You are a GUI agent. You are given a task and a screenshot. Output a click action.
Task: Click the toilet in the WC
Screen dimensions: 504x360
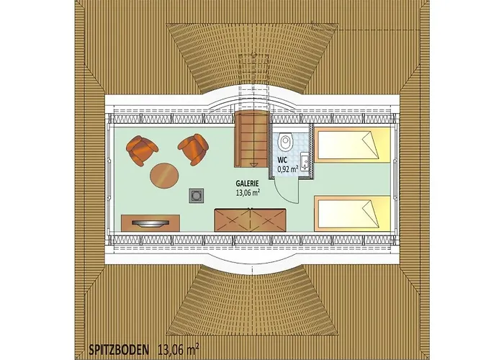(x=285, y=140)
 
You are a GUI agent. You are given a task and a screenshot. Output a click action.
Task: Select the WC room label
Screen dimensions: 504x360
(x=282, y=160)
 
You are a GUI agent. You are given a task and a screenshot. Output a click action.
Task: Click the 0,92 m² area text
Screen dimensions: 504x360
(x=288, y=168)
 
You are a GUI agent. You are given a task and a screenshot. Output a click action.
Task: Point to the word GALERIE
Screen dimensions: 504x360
(x=248, y=184)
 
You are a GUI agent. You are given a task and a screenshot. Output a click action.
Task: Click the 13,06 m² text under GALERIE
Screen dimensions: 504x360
(x=248, y=192)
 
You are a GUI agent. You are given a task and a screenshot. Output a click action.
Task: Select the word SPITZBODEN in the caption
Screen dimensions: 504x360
(x=119, y=348)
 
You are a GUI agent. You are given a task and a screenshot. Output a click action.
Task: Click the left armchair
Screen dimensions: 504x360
(x=141, y=150)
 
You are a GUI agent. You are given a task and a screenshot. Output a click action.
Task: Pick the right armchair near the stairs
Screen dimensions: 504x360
(x=194, y=149)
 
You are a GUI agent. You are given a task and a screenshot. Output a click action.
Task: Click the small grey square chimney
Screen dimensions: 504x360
(x=196, y=195)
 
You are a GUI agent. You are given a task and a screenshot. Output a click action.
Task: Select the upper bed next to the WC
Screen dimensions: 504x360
(x=353, y=145)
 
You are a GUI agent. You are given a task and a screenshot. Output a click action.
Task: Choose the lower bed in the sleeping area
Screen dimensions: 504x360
(x=353, y=212)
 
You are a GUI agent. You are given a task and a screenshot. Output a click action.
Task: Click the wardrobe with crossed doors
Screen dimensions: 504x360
(x=250, y=220)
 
